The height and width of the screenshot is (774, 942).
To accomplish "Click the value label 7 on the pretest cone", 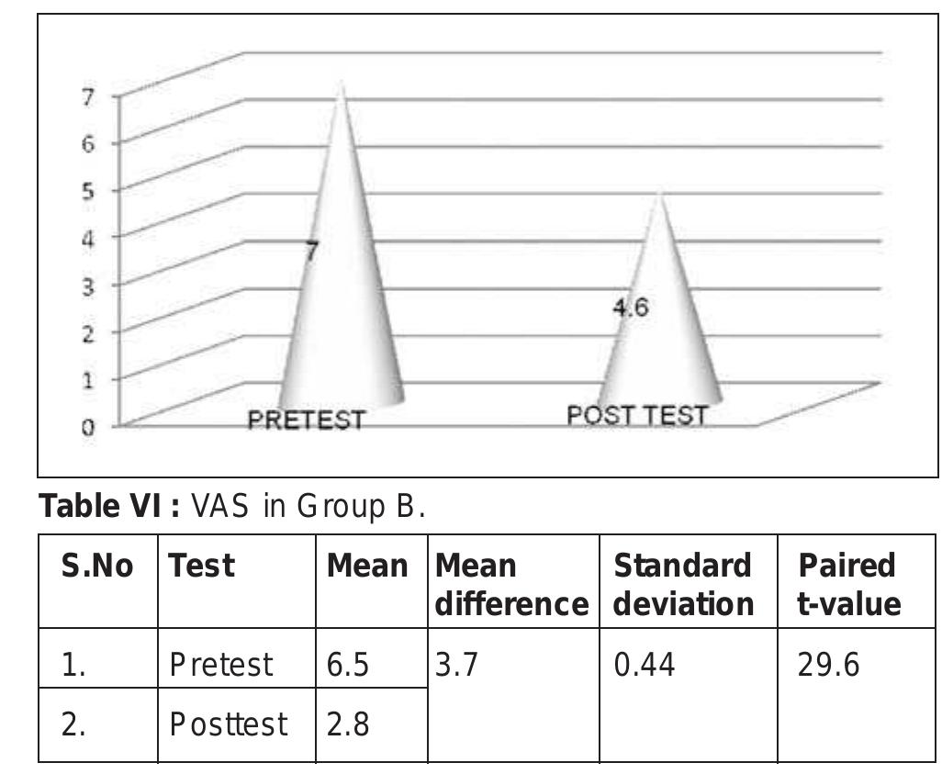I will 312,251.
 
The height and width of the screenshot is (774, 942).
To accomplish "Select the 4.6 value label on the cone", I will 631,308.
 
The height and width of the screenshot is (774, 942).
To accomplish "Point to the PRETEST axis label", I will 307,421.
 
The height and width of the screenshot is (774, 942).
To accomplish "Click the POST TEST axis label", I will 637,416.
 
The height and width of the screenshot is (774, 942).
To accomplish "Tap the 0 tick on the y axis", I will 88,428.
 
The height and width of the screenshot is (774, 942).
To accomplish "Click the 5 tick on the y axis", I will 88,191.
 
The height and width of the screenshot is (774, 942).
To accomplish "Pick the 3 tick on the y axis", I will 88,286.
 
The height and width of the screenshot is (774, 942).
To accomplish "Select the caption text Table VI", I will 108,505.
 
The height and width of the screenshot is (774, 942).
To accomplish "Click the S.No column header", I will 97,566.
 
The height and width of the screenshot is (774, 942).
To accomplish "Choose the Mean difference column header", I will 510,584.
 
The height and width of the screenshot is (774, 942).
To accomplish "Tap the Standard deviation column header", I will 683,584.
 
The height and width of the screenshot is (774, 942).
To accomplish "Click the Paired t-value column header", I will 848,584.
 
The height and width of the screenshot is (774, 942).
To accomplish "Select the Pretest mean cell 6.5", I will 348,664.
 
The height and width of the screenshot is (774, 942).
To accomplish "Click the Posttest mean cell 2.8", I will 348,725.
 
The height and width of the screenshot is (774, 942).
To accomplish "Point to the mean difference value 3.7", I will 456,664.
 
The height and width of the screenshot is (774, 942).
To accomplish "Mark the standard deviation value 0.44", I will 644,664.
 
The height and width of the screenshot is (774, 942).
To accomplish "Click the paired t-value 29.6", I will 828,664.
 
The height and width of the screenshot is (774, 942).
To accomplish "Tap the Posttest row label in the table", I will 228,725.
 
